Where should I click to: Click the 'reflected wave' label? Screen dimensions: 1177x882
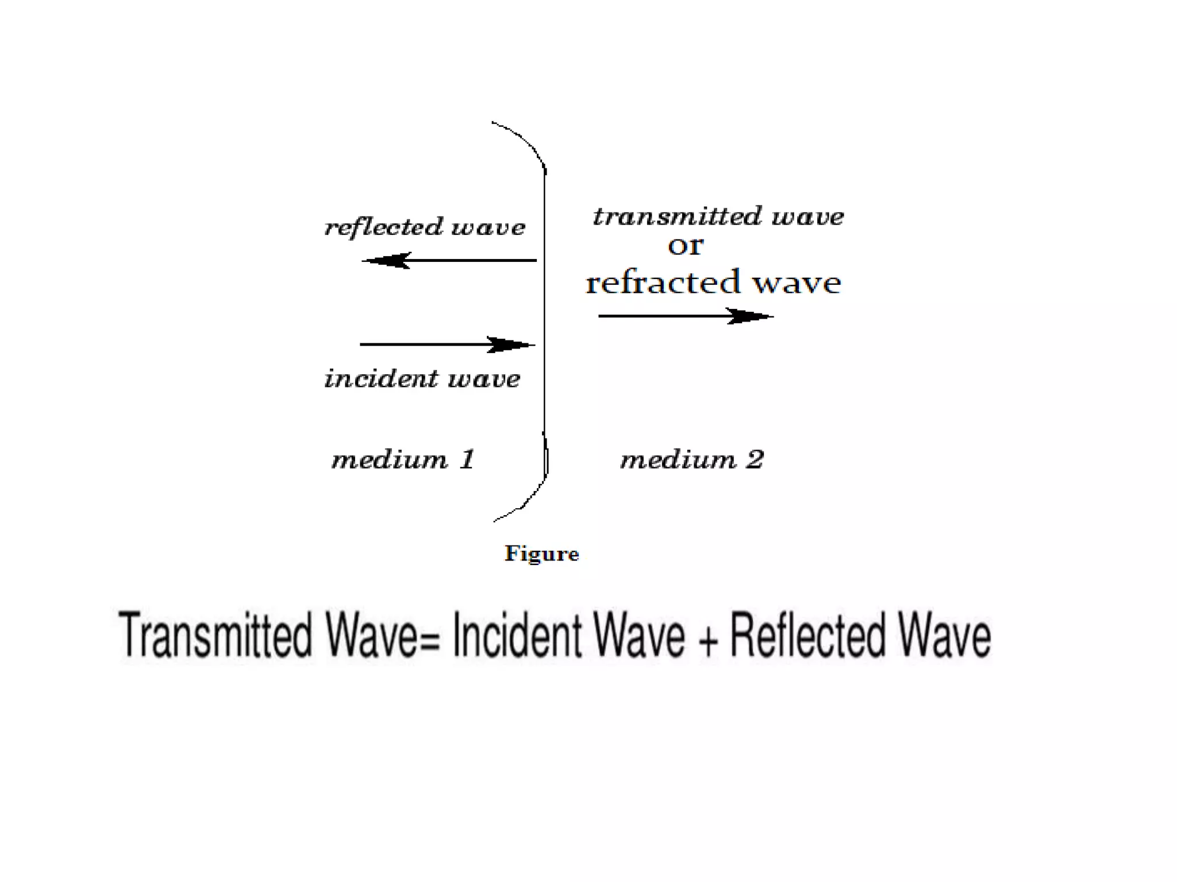425,227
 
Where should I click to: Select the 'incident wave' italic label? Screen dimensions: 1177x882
422,379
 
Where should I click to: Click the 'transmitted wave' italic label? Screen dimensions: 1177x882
718,217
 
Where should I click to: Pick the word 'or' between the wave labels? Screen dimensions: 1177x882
685,246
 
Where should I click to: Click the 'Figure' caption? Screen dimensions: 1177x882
541,554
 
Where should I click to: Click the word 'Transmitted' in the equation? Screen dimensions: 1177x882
216,635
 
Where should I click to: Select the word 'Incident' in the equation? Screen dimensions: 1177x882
518,635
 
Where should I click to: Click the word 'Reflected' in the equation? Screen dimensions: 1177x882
807,635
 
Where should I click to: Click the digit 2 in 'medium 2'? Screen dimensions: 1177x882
755,459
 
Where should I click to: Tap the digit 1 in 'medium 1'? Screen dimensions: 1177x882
468,459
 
